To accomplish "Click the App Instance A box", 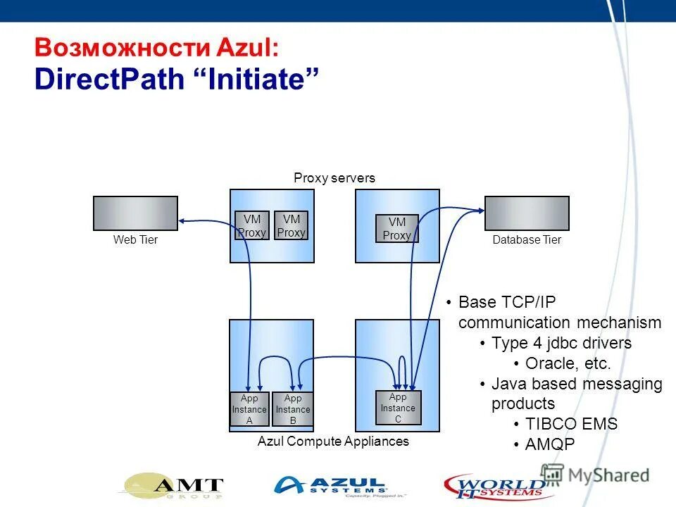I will pyautogui.click(x=250, y=409).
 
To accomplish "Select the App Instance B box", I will pyautogui.click(x=292, y=409).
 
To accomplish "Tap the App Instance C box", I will pyautogui.click(x=398, y=408).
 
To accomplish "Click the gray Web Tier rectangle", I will pyautogui.click(x=135, y=213).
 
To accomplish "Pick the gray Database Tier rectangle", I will pyautogui.click(x=527, y=213).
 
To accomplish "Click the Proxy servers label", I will pyautogui.click(x=334, y=178).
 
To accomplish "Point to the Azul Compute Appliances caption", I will pyautogui.click(x=333, y=442).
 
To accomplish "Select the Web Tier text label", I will pyautogui.click(x=135, y=240).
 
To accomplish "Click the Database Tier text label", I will pyautogui.click(x=527, y=240).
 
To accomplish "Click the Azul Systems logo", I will pyautogui.click(x=331, y=486).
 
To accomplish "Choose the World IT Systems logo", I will pyautogui.click(x=493, y=486).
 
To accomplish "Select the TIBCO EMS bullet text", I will pyautogui.click(x=571, y=424).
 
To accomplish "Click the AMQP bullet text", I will pyautogui.click(x=550, y=444).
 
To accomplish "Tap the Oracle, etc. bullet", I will pyautogui.click(x=568, y=363).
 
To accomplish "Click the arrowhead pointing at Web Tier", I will pyautogui.click(x=182, y=220).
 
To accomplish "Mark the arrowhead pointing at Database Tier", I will pyautogui.click(x=480, y=208).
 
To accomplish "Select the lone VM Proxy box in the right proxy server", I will pyautogui.click(x=396, y=229).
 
